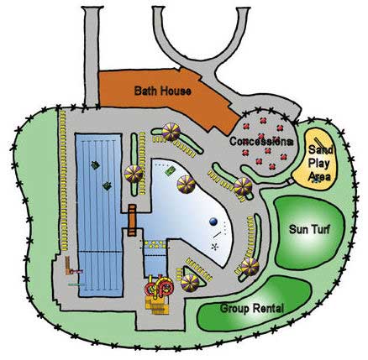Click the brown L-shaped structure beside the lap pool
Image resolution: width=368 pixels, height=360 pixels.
click(x=69, y=266)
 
